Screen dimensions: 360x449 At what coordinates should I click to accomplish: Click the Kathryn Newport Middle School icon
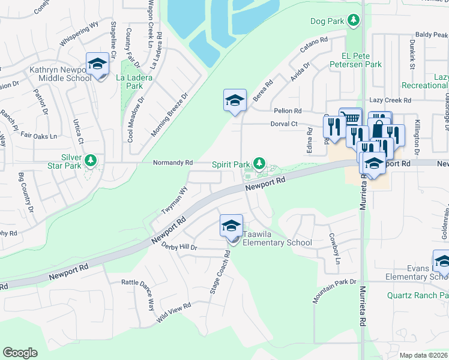(97, 64)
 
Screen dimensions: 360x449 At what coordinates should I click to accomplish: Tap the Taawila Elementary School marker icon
(231, 226)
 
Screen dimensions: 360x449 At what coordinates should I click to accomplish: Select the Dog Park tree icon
(354, 21)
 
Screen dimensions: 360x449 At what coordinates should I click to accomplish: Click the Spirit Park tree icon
(259, 163)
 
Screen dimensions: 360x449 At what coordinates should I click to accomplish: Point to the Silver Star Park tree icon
(91, 160)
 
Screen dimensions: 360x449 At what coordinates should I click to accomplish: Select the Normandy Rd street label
(173, 163)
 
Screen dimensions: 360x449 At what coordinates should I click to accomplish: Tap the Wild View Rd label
(173, 314)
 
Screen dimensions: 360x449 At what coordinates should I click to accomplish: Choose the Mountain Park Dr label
(334, 291)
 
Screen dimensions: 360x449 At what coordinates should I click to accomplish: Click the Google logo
(20, 353)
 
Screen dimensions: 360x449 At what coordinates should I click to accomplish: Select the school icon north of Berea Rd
(235, 100)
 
